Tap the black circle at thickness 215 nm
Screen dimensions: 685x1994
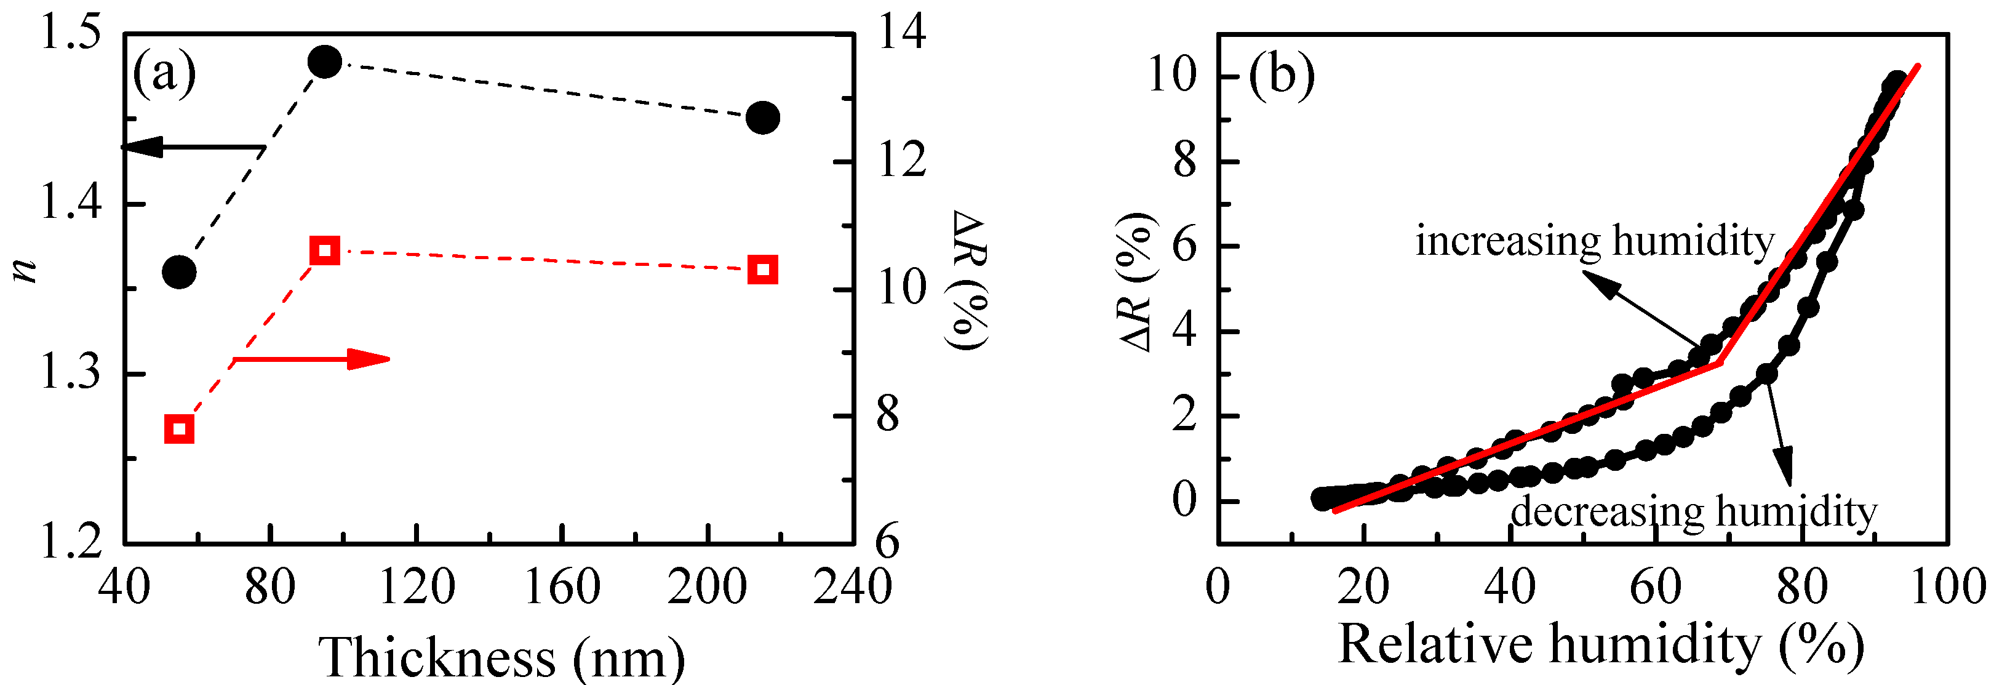(x=764, y=118)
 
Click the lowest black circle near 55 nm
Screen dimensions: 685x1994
(x=180, y=271)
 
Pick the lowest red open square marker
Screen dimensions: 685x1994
(x=180, y=429)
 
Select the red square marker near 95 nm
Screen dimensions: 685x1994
(x=324, y=250)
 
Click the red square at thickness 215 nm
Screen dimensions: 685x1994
(x=764, y=270)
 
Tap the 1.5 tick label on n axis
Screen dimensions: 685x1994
(x=70, y=36)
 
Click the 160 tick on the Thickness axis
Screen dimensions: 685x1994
(x=562, y=587)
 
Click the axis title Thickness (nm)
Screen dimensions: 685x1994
(x=501, y=656)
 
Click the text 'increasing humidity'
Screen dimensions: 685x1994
(x=1595, y=241)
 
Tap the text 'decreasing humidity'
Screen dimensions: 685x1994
(x=1694, y=511)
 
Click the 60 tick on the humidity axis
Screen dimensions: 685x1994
(x=1656, y=587)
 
